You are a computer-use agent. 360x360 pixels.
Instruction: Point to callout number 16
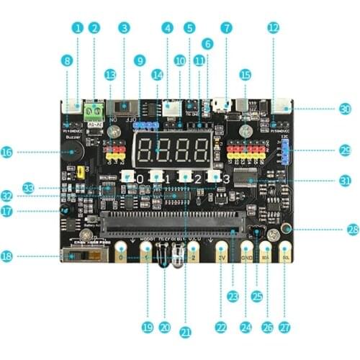pos(7,152)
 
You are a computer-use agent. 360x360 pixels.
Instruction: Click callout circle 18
pos(7,256)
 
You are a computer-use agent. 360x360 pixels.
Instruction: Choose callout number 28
pos(352,230)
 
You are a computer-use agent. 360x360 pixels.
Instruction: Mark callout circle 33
pos(29,188)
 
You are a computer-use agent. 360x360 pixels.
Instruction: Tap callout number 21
pos(185,332)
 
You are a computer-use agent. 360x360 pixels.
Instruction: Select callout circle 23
pos(233,295)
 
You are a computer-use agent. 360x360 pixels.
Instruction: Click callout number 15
pos(245,74)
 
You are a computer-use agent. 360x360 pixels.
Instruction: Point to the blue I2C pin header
pos(286,153)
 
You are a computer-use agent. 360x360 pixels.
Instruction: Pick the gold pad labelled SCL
pos(286,256)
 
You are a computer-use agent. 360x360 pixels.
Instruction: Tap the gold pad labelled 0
pos(121,256)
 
